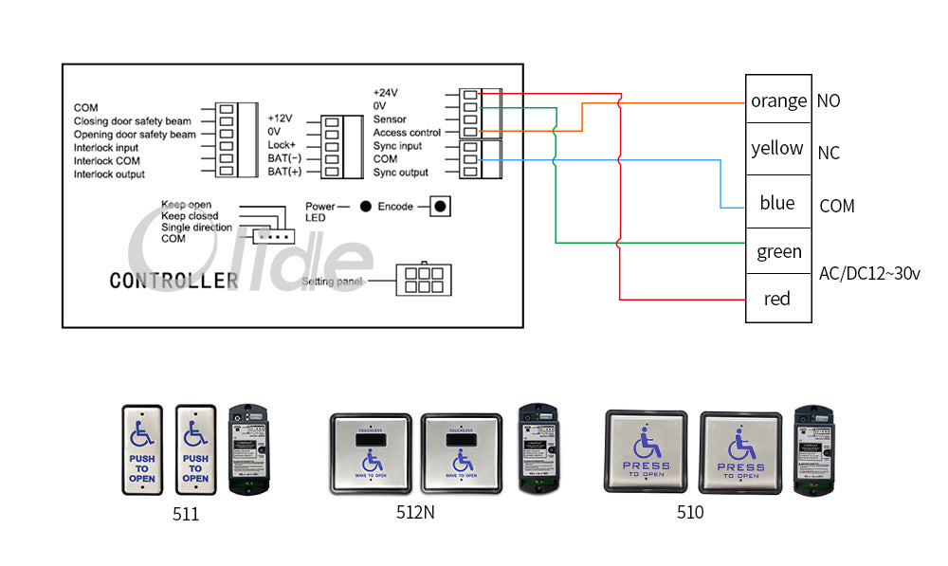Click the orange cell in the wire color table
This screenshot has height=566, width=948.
coord(778,100)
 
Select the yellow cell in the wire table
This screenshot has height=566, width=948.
coord(777,149)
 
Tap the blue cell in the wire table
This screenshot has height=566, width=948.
coord(777,203)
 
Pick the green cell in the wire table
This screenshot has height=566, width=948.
coord(778,252)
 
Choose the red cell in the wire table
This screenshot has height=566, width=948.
coord(777,300)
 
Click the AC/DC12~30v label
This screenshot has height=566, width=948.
coord(868,274)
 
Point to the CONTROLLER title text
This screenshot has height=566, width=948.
coord(173,281)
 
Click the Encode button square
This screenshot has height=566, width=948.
coord(439,206)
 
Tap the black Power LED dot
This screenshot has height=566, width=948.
coord(365,206)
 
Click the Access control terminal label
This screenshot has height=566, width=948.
coord(407,133)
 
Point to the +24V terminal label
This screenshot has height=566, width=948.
coord(385,93)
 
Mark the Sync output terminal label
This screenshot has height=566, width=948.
coord(400,173)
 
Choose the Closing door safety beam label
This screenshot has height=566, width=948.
coord(133,121)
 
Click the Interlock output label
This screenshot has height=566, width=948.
coord(110,174)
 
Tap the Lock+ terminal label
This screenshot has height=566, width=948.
coord(283,145)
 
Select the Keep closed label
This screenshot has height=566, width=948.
coord(190,216)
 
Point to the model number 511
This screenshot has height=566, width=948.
coord(186,515)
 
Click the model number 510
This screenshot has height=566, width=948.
coord(690,512)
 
